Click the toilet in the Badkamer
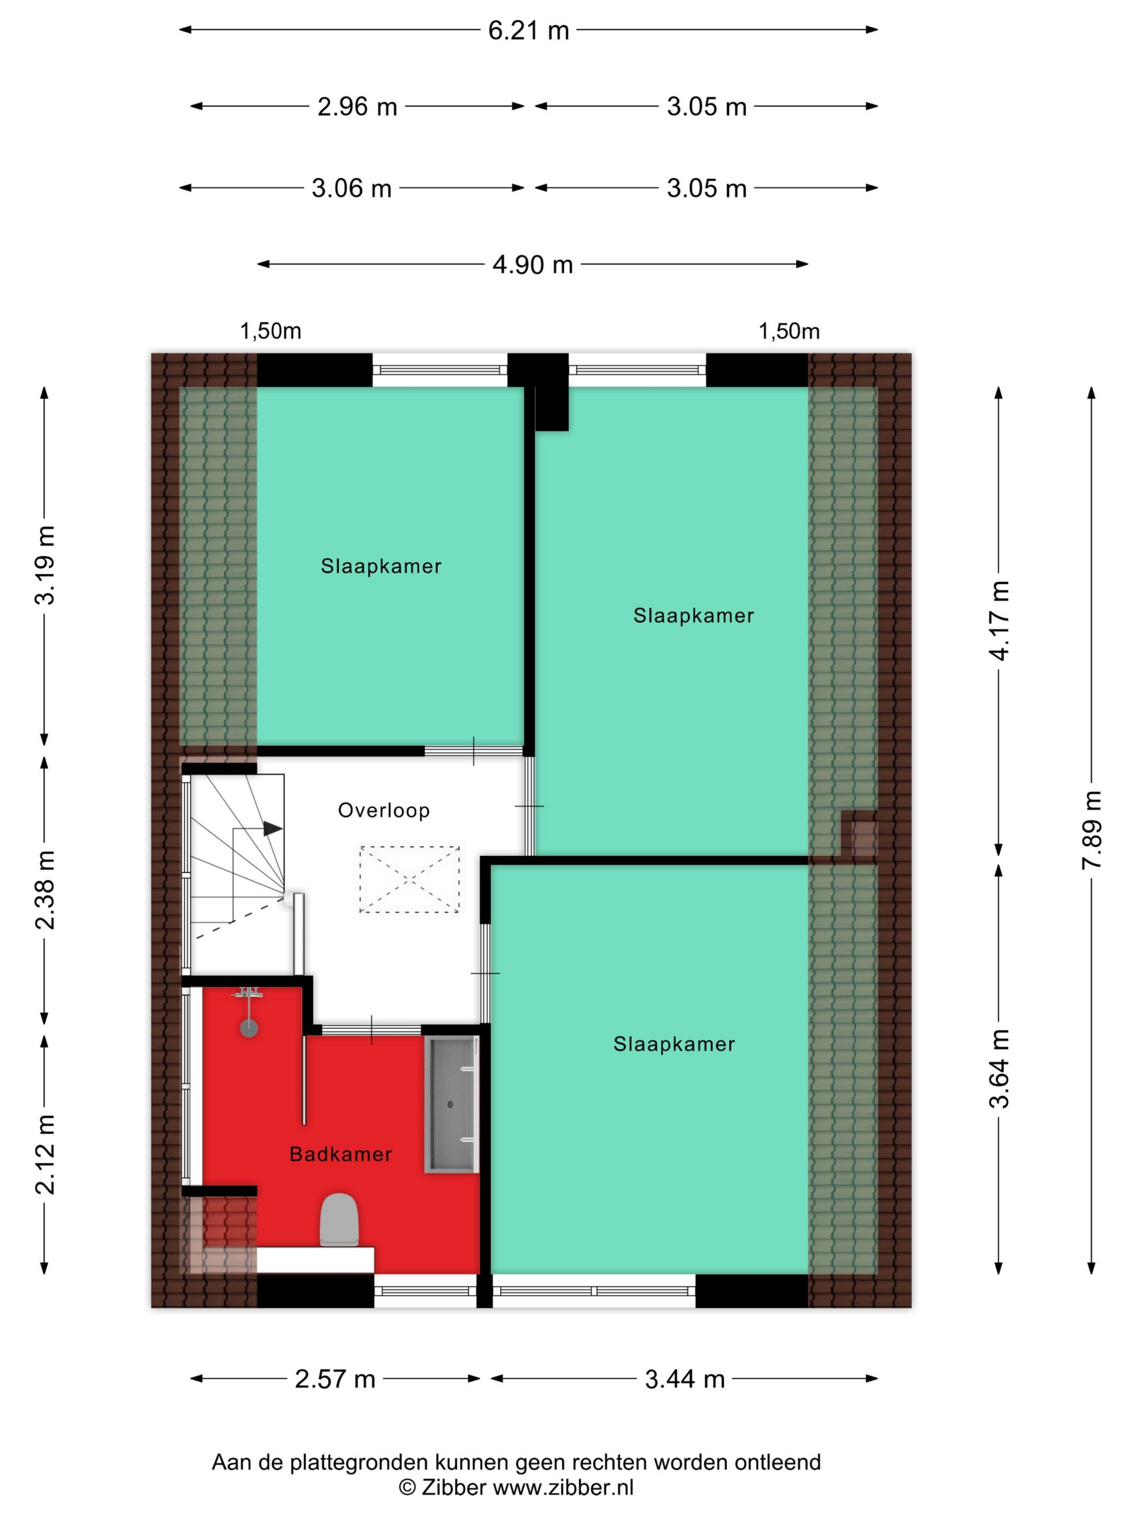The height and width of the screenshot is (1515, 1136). point(339,1220)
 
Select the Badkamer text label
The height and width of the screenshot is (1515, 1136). point(340,1155)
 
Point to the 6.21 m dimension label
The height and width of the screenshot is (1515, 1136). point(528,31)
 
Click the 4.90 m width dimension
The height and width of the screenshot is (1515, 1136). point(532,265)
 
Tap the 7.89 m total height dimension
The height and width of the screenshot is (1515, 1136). point(1092,829)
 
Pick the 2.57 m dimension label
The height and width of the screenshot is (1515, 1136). point(335,1379)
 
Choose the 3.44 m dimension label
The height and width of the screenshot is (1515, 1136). point(685,1379)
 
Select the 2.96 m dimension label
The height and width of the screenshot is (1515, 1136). point(356,107)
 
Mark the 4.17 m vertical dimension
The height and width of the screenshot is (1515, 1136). point(999,621)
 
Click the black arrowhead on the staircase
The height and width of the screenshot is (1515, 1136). point(273,829)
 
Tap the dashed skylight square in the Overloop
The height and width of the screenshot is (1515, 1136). point(410,879)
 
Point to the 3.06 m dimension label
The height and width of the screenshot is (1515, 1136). point(351,188)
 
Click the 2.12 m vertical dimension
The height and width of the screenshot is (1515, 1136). point(45,1155)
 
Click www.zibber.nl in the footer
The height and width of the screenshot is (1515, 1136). point(563,1487)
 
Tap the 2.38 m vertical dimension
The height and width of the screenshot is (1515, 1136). point(45,890)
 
